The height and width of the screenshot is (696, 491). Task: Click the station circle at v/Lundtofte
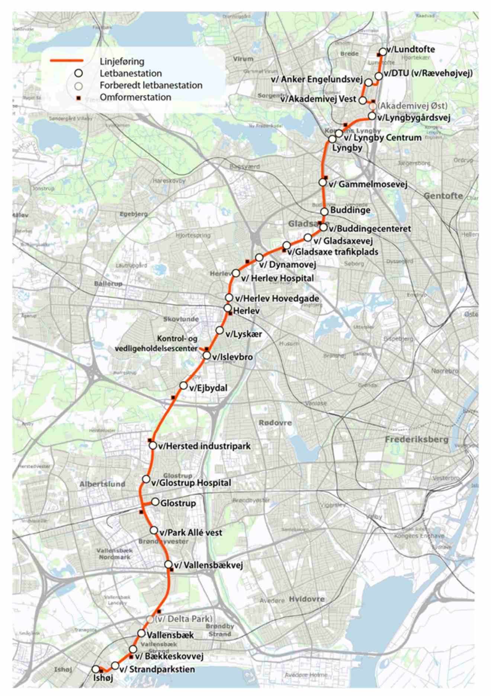(382, 52)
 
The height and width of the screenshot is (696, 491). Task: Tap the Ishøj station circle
(96, 670)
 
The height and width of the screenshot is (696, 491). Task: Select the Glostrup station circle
(155, 502)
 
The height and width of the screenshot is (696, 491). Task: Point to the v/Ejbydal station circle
(183, 385)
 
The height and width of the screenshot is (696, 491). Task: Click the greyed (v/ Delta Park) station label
(184, 619)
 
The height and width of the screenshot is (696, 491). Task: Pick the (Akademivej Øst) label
(412, 106)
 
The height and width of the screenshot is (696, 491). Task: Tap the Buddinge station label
(350, 210)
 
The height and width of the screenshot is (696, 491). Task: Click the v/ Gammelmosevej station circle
(322, 183)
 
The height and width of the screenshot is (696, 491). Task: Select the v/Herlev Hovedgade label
(277, 298)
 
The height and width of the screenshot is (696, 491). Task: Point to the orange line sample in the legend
(67, 61)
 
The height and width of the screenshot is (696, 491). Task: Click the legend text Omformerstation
(135, 97)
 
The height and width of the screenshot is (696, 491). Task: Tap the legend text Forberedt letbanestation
(151, 85)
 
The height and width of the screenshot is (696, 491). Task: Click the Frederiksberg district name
(417, 440)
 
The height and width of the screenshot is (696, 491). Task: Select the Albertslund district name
(102, 484)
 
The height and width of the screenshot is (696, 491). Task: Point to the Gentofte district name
(443, 196)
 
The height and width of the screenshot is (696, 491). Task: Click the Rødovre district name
(275, 423)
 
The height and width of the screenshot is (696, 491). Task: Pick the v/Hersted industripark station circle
(153, 445)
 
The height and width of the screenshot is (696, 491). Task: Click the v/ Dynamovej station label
(288, 265)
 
